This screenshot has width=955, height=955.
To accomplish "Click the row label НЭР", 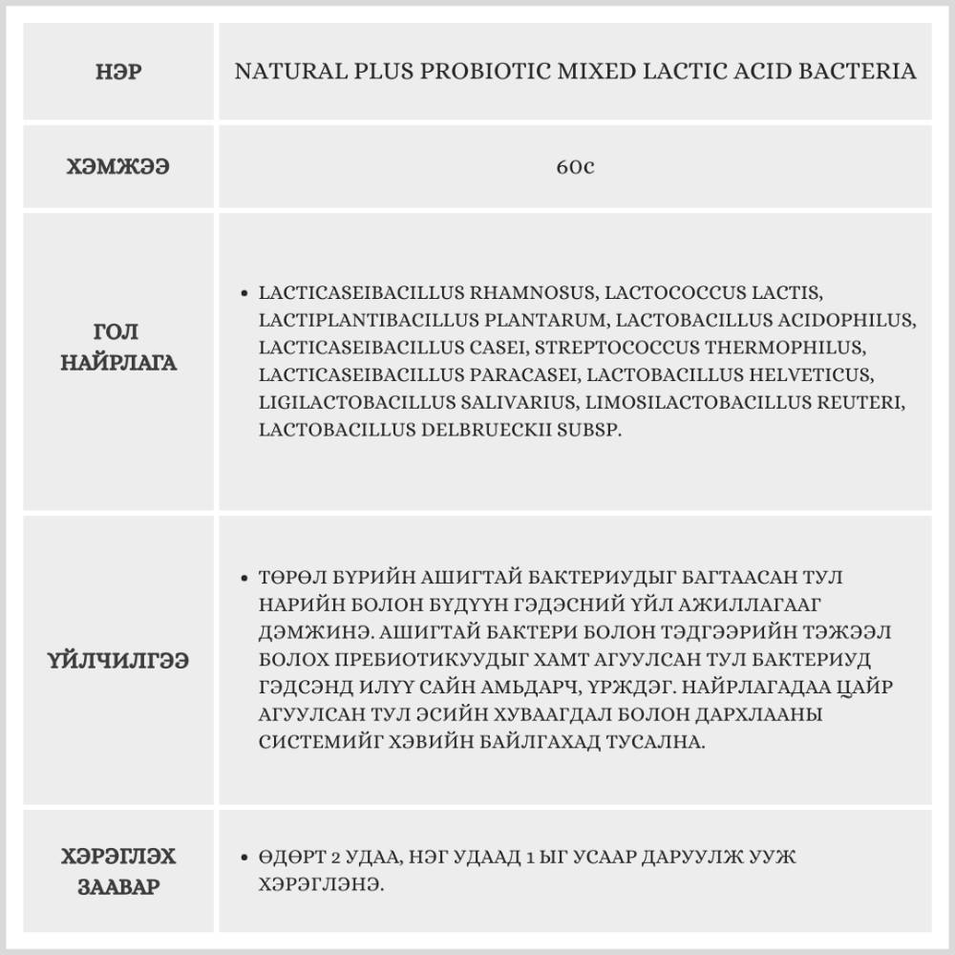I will (119, 73).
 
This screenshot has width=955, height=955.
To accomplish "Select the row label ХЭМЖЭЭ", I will (119, 167).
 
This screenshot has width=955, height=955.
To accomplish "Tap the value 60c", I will (575, 167).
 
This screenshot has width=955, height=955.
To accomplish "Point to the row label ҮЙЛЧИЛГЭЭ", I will (119, 660).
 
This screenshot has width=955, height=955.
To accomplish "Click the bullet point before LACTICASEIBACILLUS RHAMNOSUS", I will (247, 292).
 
